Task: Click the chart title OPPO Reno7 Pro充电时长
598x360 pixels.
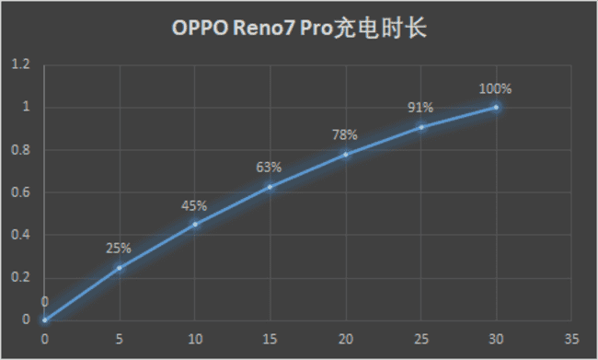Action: [x=299, y=27]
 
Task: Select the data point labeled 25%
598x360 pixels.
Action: [x=119, y=267]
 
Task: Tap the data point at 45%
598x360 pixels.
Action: [x=194, y=224]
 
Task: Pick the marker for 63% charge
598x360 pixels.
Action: [x=270, y=187]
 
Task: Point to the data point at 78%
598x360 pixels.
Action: [x=345, y=154]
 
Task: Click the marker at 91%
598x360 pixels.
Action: [x=420, y=126]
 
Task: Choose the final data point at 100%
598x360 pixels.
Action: [x=496, y=107]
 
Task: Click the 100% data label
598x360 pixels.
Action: [x=495, y=89]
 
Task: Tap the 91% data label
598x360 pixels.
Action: [x=420, y=108]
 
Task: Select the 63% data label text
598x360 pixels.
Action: [x=269, y=168]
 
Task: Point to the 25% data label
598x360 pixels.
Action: [x=119, y=248]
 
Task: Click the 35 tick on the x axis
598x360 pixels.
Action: [x=571, y=338]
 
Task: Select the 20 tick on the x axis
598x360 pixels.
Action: [x=345, y=338]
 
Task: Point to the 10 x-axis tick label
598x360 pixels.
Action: [x=194, y=338]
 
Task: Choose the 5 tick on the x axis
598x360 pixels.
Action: [x=119, y=338]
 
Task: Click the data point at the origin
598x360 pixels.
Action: [x=43, y=319]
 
